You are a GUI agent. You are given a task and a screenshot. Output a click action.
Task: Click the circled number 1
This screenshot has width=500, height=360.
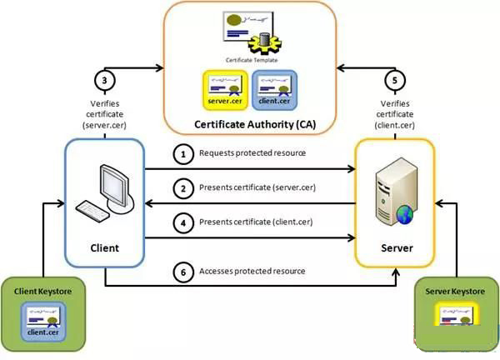pos(183,154)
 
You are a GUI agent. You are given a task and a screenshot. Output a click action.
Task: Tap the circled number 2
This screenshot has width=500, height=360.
pos(183,188)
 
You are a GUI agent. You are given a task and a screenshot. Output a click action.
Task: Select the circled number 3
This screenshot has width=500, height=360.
pos(105,80)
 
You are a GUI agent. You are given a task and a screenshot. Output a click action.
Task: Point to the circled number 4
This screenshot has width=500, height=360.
pos(183,222)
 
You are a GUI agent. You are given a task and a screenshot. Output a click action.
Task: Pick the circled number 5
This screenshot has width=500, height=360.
pos(395,80)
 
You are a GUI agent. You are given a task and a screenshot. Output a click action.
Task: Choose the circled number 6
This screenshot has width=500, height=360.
pos(183,272)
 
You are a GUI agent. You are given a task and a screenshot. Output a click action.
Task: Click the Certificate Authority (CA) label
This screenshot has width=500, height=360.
pos(255,124)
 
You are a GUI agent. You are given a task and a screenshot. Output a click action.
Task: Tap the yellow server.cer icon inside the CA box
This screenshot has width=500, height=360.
pos(225,90)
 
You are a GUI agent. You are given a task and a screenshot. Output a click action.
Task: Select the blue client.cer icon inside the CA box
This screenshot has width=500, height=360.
pos(274,90)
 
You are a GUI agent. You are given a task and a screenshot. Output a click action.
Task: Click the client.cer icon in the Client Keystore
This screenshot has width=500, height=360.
pos(43,322)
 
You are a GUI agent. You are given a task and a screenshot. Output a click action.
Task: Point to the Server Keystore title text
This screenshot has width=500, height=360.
pos(455,291)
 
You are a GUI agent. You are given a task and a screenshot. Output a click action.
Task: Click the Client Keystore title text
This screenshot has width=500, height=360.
pos(42,291)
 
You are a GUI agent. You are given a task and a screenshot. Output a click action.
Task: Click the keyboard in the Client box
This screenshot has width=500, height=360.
pos(92,211)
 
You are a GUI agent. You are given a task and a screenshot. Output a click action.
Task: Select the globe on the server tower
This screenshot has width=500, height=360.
pos(405,215)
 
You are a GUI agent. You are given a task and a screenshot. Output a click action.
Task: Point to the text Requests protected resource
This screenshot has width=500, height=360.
pos(252,153)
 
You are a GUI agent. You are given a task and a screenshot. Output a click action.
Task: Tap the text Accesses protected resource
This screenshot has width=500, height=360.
pos(252,271)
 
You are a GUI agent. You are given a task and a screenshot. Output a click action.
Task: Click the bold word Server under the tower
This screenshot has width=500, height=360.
pos(397,248)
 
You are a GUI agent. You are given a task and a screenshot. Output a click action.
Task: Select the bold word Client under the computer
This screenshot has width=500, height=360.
pos(105,248)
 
